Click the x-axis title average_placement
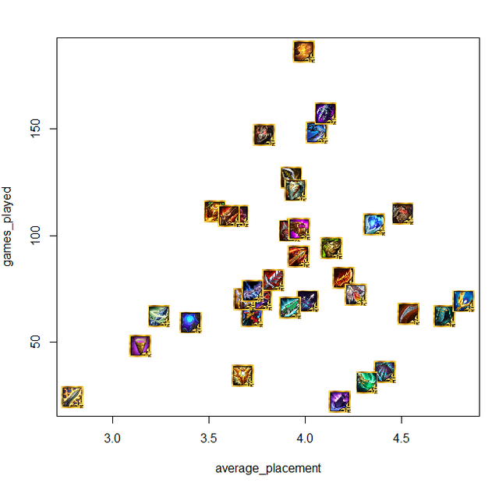point(267,469)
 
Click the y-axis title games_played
point(9,226)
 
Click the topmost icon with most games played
point(304,51)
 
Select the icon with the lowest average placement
point(72,397)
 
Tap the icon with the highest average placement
point(464,300)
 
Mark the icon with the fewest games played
point(339,402)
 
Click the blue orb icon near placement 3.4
point(190,321)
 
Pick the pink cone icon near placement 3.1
point(140,346)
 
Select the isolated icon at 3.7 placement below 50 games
point(242,375)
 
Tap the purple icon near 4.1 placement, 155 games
point(325,113)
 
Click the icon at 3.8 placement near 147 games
point(264,135)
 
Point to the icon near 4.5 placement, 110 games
point(402,212)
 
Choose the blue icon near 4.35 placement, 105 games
point(373,224)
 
